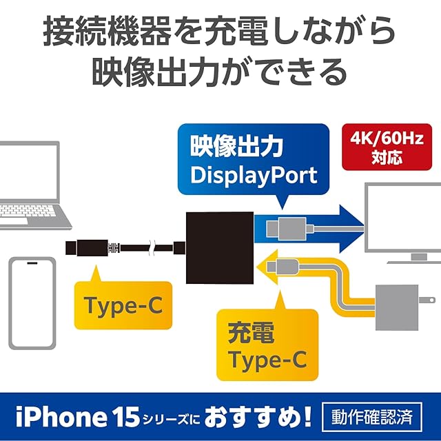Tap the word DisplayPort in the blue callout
(x=254, y=174)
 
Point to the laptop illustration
(x=31, y=186)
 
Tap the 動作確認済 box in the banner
(x=371, y=416)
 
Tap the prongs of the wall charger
(x=427, y=299)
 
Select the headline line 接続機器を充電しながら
(x=220, y=31)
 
